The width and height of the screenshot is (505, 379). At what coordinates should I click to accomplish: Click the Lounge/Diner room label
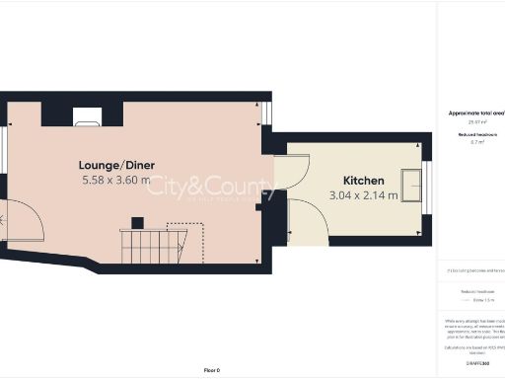coord(118,164)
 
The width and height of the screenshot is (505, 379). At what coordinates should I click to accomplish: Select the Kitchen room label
coord(364,180)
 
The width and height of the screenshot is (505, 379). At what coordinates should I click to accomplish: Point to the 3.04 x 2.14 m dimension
coord(364,195)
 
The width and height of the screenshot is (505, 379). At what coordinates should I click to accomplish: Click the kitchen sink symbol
coord(410,185)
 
